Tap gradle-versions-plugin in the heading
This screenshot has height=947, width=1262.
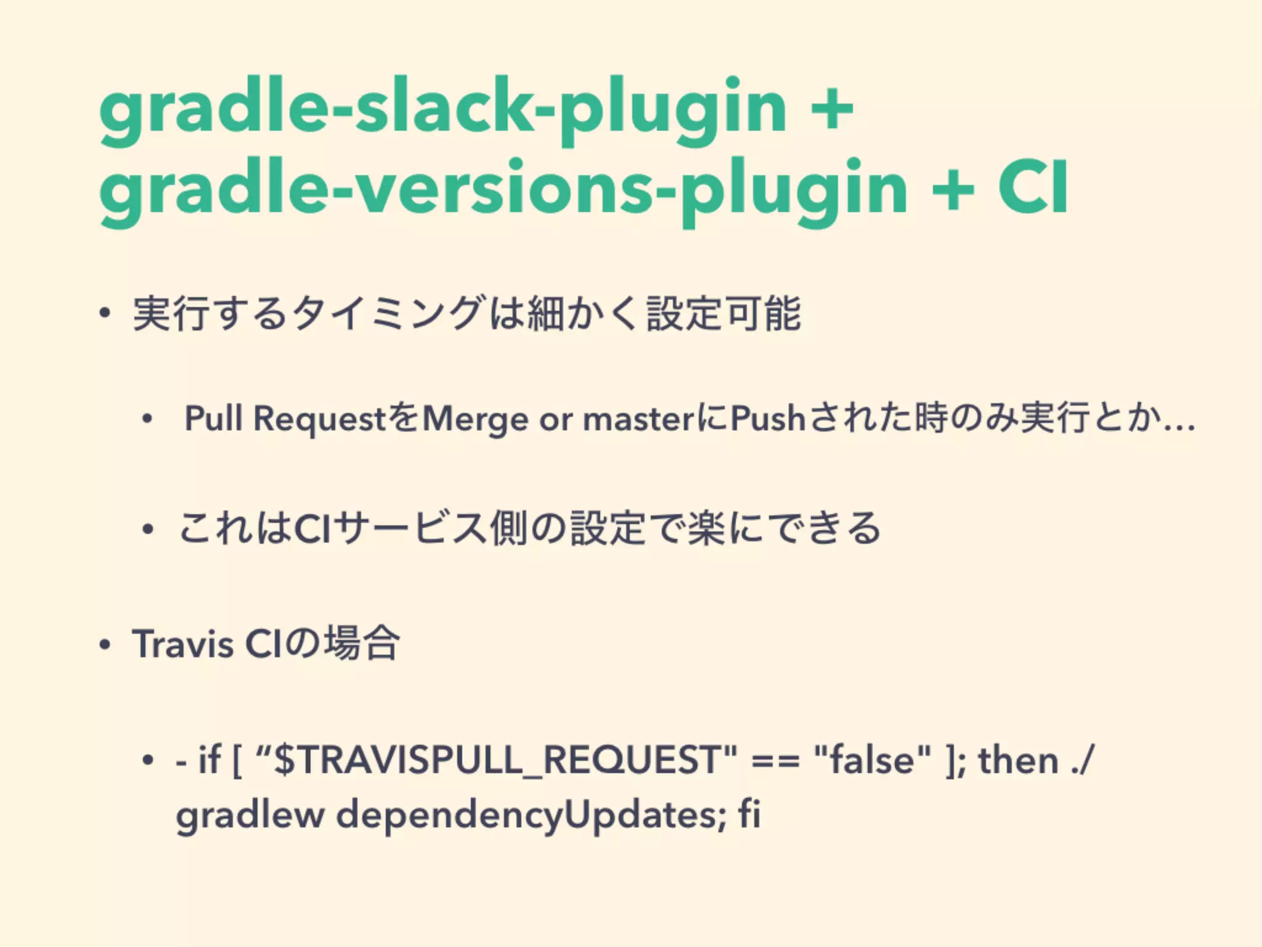click(x=503, y=189)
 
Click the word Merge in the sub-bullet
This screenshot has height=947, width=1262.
click(x=476, y=419)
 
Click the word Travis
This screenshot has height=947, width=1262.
click(x=182, y=644)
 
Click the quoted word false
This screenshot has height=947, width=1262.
click(x=872, y=760)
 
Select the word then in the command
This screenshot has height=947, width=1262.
click(x=1018, y=760)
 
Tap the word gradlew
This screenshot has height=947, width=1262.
click(x=250, y=815)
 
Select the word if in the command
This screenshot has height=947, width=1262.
click(x=210, y=760)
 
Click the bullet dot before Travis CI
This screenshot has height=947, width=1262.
click(x=105, y=645)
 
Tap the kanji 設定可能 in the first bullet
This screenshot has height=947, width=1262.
click(x=724, y=313)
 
